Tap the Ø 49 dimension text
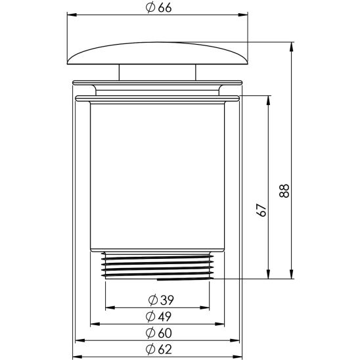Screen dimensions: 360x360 (160, 316)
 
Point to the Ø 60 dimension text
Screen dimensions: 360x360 (160, 332)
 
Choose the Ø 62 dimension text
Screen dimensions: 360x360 (160, 349)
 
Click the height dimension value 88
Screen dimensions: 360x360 (284, 191)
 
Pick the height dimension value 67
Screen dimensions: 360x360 (261, 210)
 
